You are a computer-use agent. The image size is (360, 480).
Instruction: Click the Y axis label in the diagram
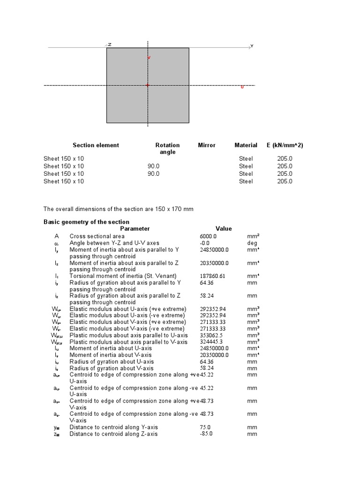coord(252,46)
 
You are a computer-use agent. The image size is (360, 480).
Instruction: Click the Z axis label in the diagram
coord(110,45)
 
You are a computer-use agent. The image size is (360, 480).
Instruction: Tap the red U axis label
coord(242,87)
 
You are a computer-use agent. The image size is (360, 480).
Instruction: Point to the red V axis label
coord(149,58)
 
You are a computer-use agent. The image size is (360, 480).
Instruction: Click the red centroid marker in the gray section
coord(148,85)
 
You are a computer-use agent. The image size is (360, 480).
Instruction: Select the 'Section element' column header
coord(96,145)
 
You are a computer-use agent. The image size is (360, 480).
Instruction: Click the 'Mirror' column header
coord(207,145)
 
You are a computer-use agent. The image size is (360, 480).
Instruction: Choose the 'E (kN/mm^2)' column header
coord(284,145)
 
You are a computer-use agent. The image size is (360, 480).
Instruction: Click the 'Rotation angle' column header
coord(167,149)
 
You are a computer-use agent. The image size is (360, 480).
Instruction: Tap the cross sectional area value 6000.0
coord(208,237)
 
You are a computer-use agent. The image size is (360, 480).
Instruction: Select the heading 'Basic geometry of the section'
coord(86,222)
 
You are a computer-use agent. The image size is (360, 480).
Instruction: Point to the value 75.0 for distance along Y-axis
coord(205,427)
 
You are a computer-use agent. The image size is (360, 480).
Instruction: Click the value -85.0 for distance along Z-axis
coord(205,434)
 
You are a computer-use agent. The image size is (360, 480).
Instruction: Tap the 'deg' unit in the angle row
coord(252,243)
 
